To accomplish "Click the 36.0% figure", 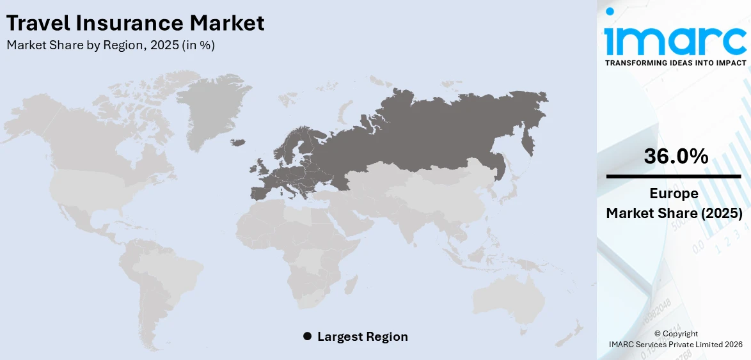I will click(x=676, y=156).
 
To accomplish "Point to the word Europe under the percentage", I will click(x=674, y=194).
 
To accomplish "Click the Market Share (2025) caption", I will click(x=674, y=214).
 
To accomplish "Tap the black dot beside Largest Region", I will click(x=307, y=336).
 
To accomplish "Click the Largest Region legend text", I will click(x=362, y=336).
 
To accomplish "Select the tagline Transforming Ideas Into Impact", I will click(x=675, y=63).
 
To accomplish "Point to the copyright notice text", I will click(x=676, y=339).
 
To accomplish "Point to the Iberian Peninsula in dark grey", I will click(x=261, y=192).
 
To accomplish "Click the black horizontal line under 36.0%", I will click(x=674, y=176).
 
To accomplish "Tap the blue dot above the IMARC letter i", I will click(x=610, y=11).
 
